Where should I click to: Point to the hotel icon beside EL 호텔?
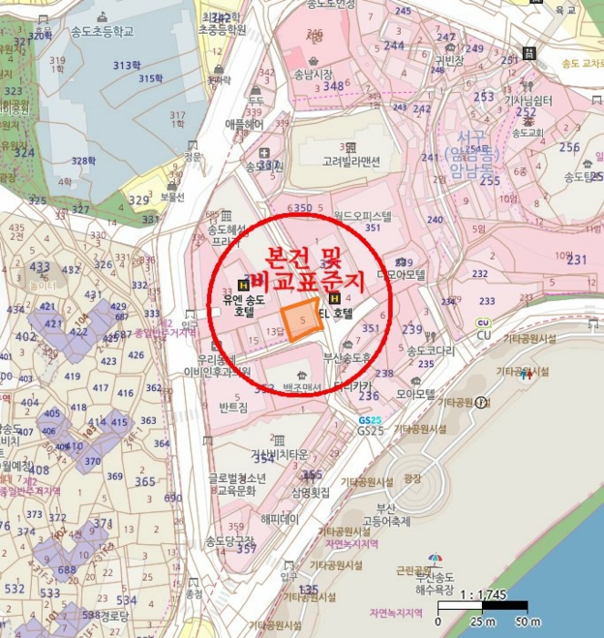coord(334,297)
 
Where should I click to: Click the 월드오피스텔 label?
coord(362,217)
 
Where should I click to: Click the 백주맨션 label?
coord(302,388)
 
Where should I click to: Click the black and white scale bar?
coord(482,606)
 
